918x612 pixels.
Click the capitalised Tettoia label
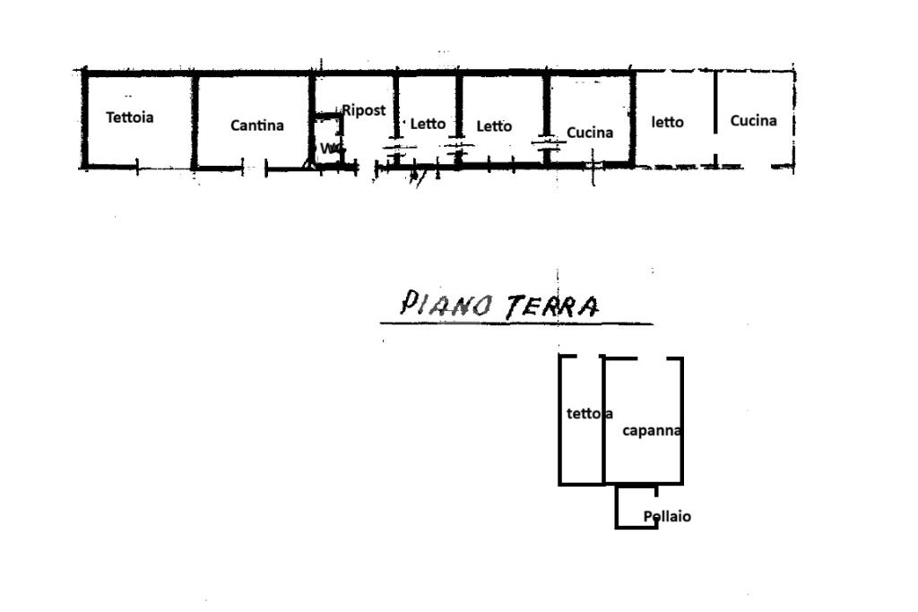coord(130,117)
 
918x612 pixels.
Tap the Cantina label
coord(257,125)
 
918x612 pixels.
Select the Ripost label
coord(364,110)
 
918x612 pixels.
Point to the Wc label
coord(329,148)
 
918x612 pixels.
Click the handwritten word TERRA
coord(551,306)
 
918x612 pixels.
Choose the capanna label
coord(653,431)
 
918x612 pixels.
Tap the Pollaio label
coord(667,517)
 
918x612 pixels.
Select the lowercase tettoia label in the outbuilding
coord(588,414)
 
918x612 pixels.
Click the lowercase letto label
coord(667,123)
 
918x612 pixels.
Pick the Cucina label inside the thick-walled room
coord(590,133)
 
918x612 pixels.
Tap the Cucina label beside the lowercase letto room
coord(753,121)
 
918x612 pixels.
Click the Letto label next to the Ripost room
coord(428,124)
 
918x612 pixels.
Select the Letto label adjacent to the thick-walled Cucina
coord(494,126)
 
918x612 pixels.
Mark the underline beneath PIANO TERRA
coord(515,323)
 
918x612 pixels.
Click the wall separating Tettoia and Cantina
coord(194,119)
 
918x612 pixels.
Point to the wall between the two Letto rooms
coord(458,108)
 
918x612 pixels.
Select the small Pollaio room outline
coord(618,508)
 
